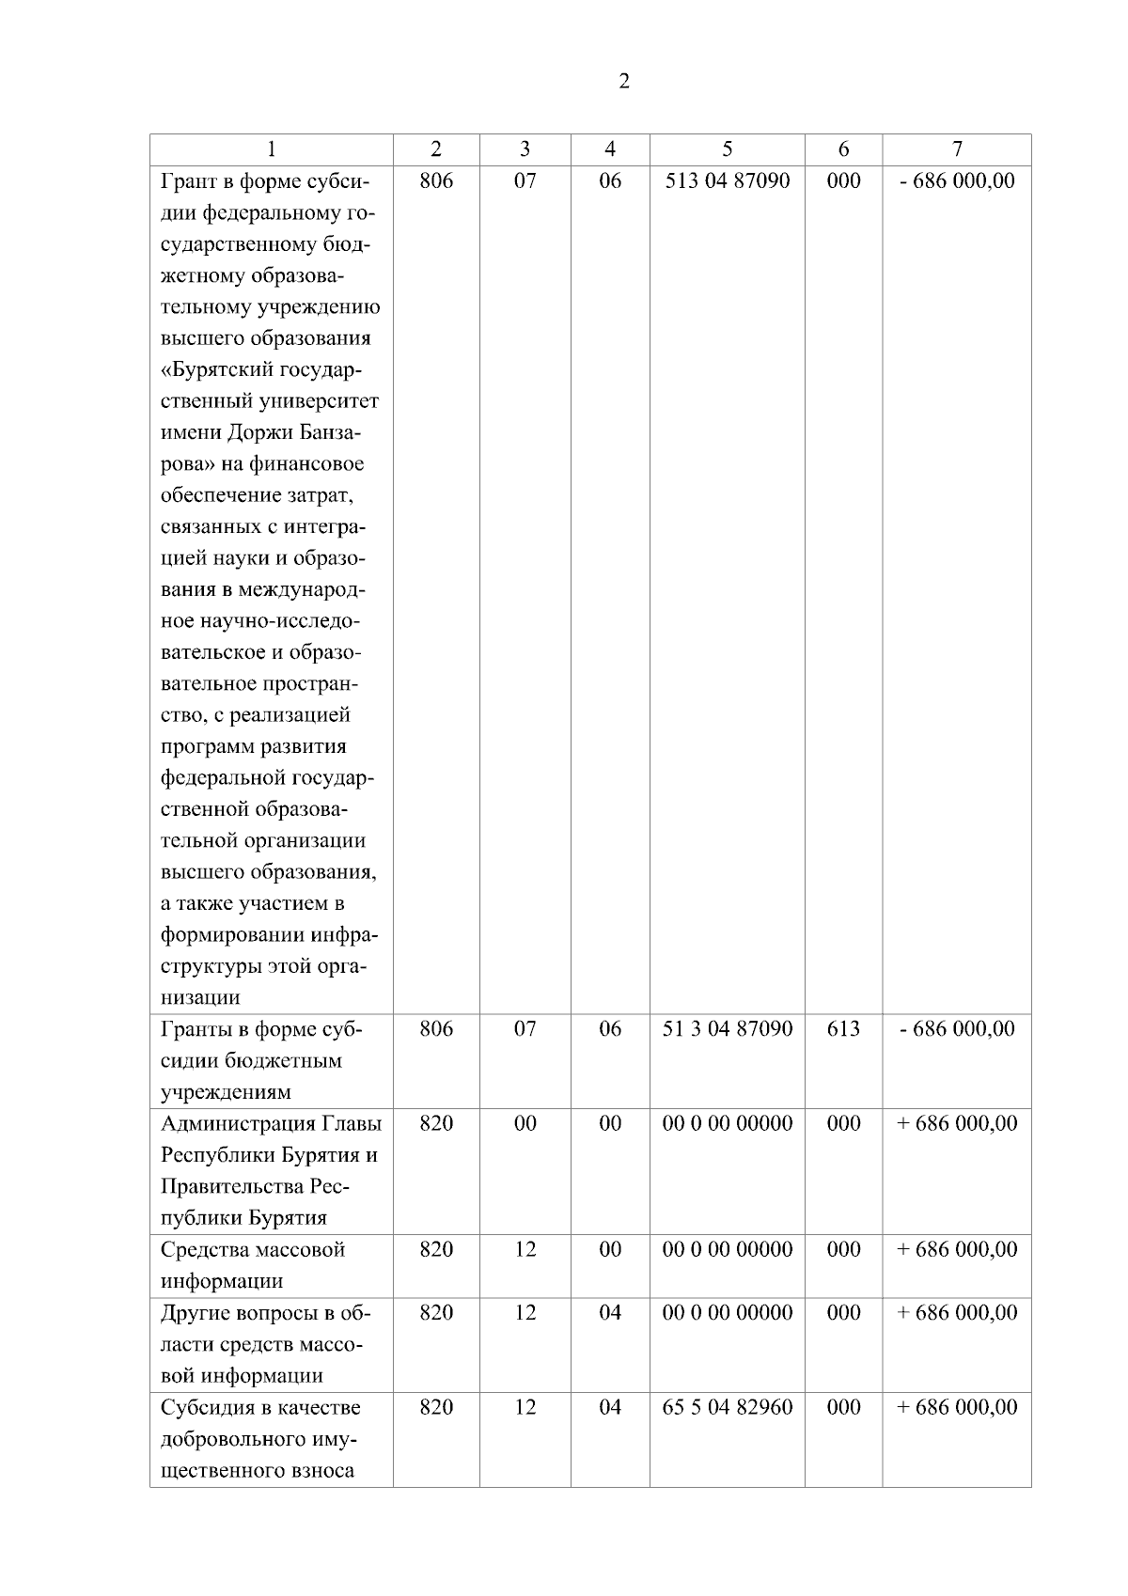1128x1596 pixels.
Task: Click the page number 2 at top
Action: pos(624,81)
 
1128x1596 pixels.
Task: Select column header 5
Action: pos(727,149)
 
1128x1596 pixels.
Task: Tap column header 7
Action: pos(956,149)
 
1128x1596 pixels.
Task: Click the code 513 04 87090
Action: pos(727,180)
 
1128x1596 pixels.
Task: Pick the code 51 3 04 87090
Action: pos(727,1028)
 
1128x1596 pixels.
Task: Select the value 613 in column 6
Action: pos(843,1028)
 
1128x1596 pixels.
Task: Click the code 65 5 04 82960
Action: pos(727,1407)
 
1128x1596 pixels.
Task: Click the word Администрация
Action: pos(238,1123)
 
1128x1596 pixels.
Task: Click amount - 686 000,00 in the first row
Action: pos(956,180)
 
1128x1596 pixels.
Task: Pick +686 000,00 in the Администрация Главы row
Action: pos(956,1123)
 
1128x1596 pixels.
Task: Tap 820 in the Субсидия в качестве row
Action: pos(436,1407)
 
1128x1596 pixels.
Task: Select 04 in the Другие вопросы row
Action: pos(610,1312)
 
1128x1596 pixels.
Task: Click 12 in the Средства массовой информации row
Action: pos(525,1249)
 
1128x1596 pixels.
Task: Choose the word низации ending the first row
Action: pos(200,997)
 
